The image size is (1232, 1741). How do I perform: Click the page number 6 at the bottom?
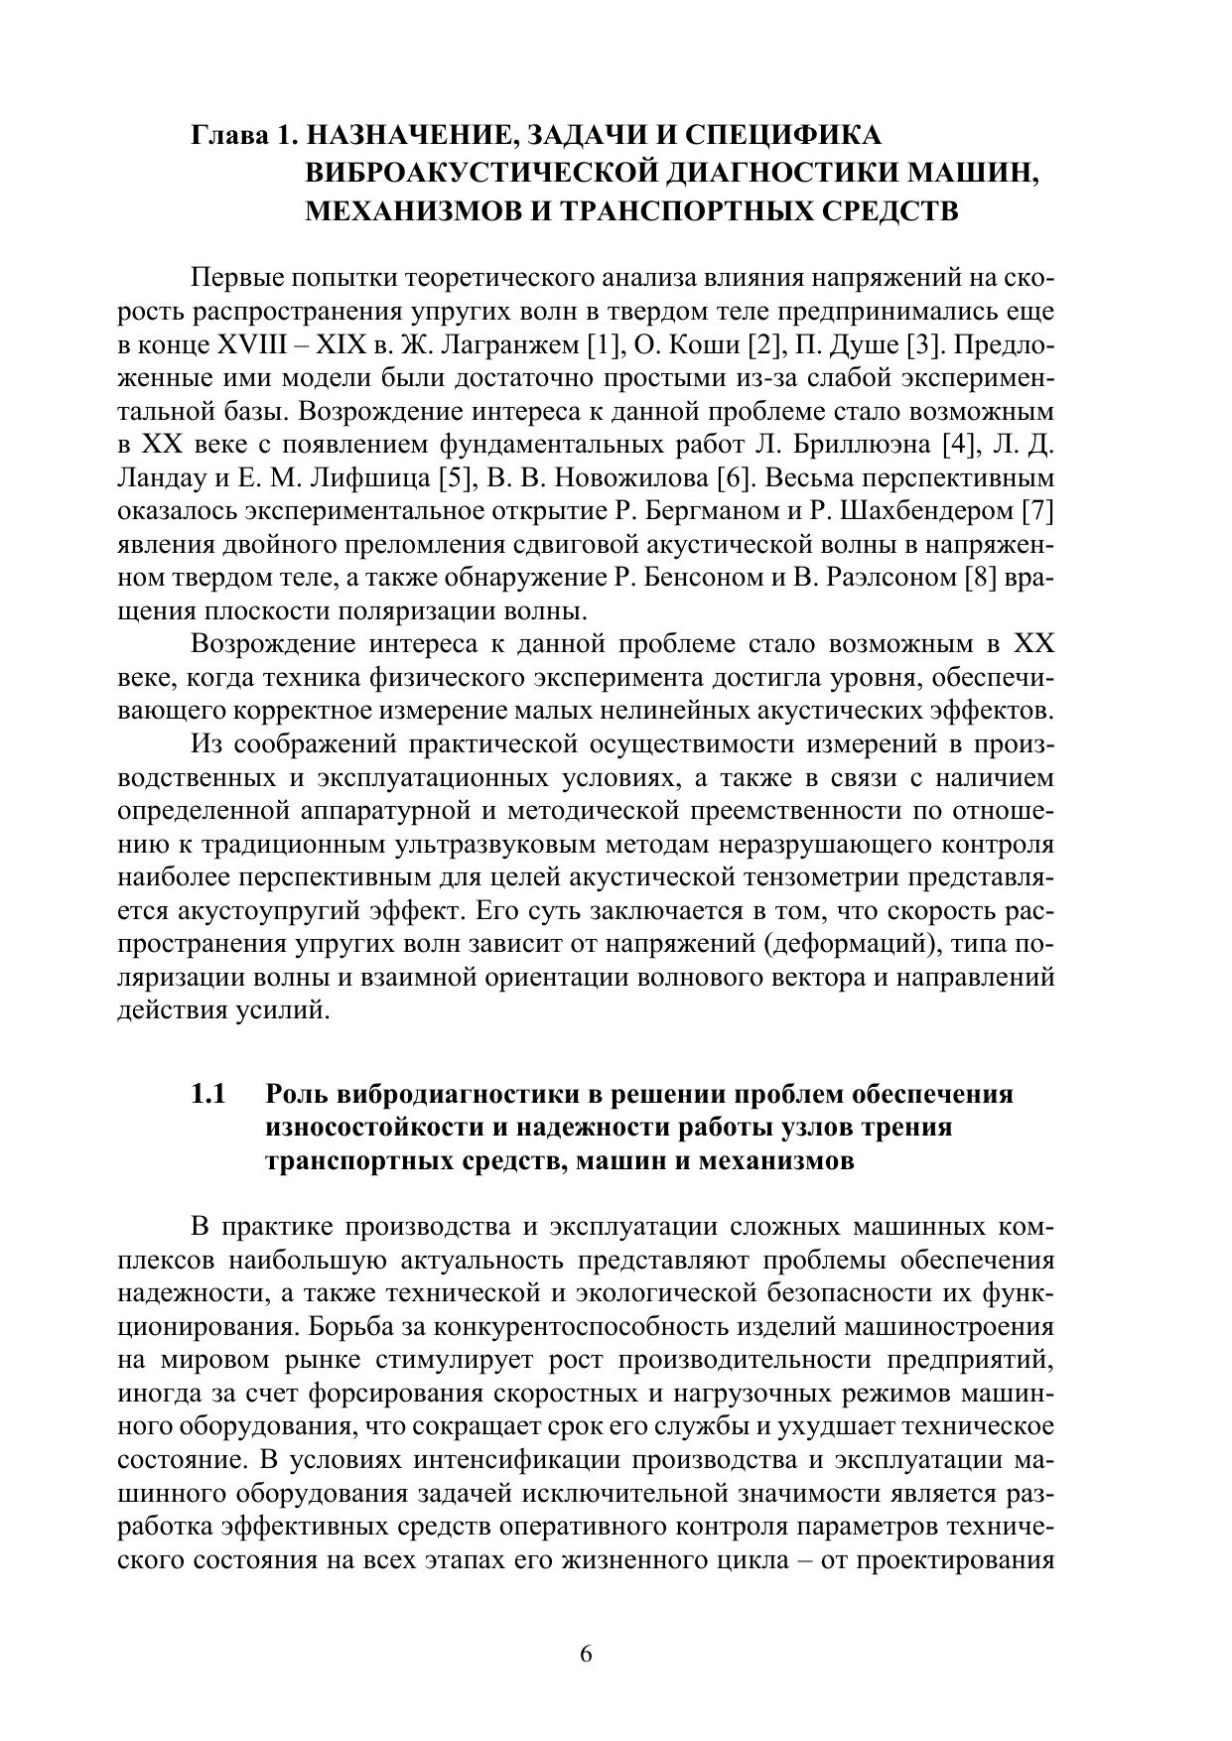585,1654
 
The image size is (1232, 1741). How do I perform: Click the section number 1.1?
209,1094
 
